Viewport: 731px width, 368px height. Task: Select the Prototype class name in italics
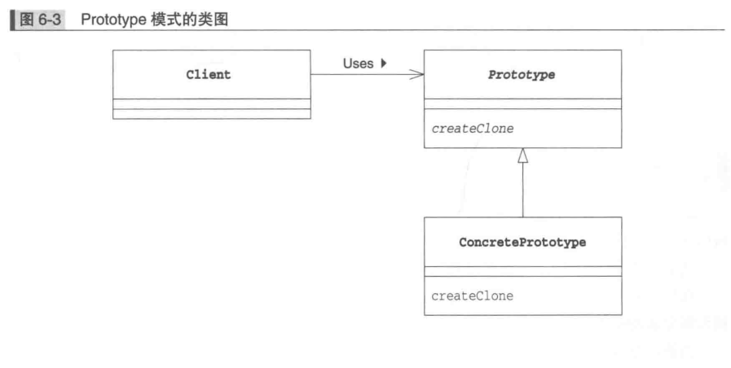pos(522,75)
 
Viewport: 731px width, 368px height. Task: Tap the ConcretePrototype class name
pos(522,243)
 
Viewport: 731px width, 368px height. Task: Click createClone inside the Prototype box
pos(472,128)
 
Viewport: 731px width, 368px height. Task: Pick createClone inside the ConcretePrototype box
pos(472,296)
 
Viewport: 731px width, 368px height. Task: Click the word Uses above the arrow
pos(358,64)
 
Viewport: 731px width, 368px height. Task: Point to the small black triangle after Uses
pos(383,64)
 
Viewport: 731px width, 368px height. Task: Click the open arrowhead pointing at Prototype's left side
pos(416,75)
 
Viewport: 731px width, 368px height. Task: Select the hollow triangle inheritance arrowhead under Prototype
pos(522,156)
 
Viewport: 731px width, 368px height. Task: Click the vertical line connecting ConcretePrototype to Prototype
pos(522,191)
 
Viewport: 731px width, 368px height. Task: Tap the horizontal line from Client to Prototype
pos(359,75)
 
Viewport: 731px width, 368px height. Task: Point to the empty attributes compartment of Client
pos(211,103)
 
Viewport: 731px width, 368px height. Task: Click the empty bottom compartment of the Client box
pos(211,114)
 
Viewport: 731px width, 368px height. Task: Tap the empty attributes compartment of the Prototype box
pos(522,103)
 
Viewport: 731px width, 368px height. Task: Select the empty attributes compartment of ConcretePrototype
pos(522,271)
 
